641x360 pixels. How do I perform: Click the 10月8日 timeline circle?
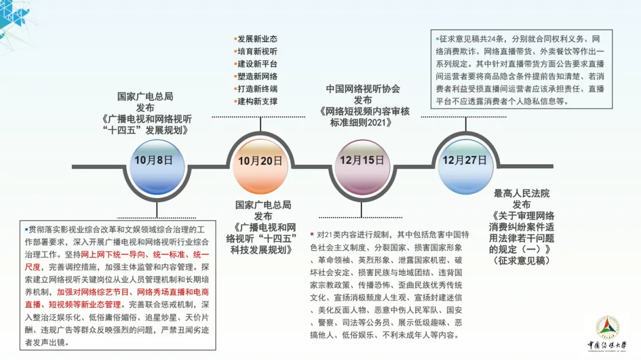click(153, 160)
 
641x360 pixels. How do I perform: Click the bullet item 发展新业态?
click(257, 39)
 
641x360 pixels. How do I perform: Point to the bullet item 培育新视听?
click(257, 52)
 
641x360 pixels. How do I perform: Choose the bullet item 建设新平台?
click(257, 64)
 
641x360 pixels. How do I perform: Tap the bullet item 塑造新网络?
click(257, 77)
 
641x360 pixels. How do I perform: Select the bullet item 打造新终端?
click(257, 89)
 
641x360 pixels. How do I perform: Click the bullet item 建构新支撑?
click(257, 101)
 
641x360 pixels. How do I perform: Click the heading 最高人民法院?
click(522, 193)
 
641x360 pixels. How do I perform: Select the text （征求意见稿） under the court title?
click(522, 260)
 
